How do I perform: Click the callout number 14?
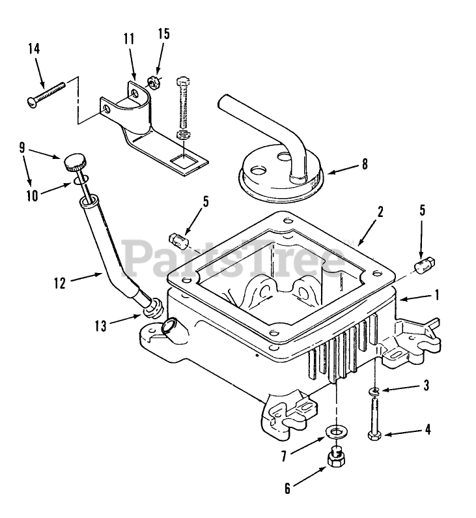[35, 48]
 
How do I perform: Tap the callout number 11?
[128, 39]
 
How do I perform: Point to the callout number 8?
[365, 164]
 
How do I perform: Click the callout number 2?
[380, 211]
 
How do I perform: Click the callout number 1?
[436, 295]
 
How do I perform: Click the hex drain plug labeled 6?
[336, 461]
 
